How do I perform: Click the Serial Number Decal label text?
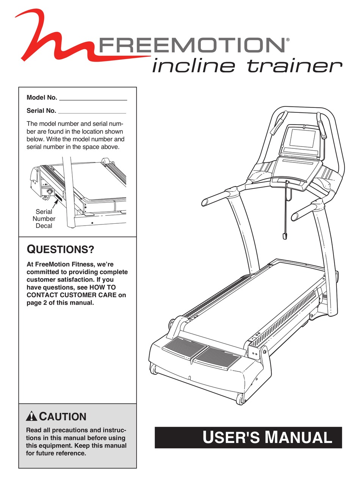click(44, 219)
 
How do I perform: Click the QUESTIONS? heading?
click(60, 250)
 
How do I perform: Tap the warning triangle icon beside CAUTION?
click(32, 417)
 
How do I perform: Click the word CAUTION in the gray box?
click(63, 417)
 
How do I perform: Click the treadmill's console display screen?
click(302, 138)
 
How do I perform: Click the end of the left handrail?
click(205, 203)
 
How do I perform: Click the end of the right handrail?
click(294, 217)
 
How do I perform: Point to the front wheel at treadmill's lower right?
click(240, 398)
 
